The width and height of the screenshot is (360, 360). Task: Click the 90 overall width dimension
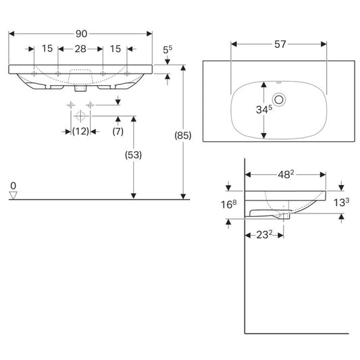pyautogui.click(x=82, y=34)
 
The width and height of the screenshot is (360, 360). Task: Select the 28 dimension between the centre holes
pyautogui.click(x=80, y=49)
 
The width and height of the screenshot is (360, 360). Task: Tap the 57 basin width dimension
pyautogui.click(x=280, y=44)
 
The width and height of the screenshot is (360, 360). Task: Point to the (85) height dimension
pyautogui.click(x=183, y=136)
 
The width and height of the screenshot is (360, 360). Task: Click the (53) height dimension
pyautogui.click(x=133, y=155)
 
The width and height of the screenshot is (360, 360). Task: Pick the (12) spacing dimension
pyautogui.click(x=80, y=132)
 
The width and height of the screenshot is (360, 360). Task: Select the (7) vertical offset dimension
pyautogui.click(x=118, y=132)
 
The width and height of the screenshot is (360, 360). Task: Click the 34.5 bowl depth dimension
pyautogui.click(x=264, y=109)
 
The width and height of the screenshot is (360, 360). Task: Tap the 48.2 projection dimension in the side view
pyautogui.click(x=286, y=174)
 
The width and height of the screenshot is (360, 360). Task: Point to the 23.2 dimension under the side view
pyautogui.click(x=264, y=234)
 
